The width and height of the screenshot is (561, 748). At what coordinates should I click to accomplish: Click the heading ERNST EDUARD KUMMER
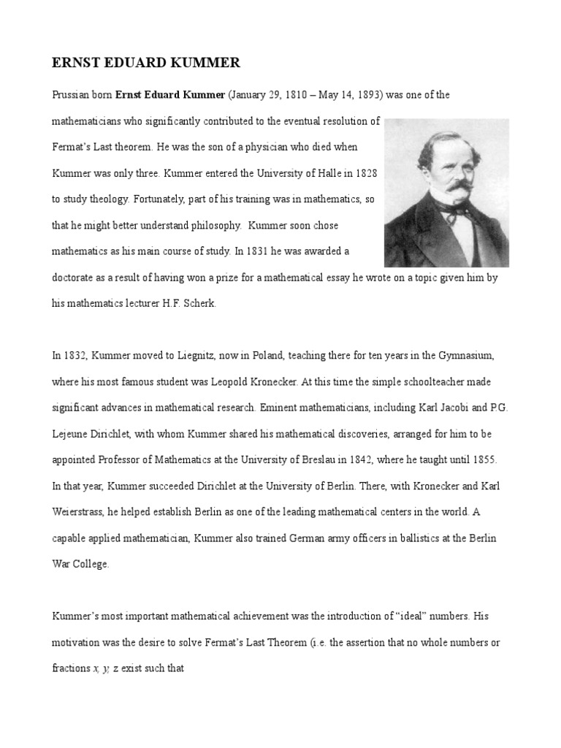pos(145,64)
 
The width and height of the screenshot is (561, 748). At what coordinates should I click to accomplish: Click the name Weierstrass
pos(80,512)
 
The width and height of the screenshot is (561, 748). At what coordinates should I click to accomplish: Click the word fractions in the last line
pos(71,669)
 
